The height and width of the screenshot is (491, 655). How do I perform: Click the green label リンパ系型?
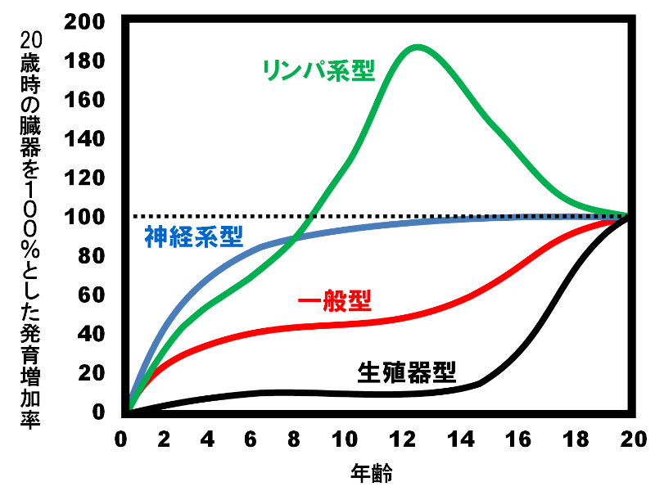318,70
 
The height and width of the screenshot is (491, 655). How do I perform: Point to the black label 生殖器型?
406,372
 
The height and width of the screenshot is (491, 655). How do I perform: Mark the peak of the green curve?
418,47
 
